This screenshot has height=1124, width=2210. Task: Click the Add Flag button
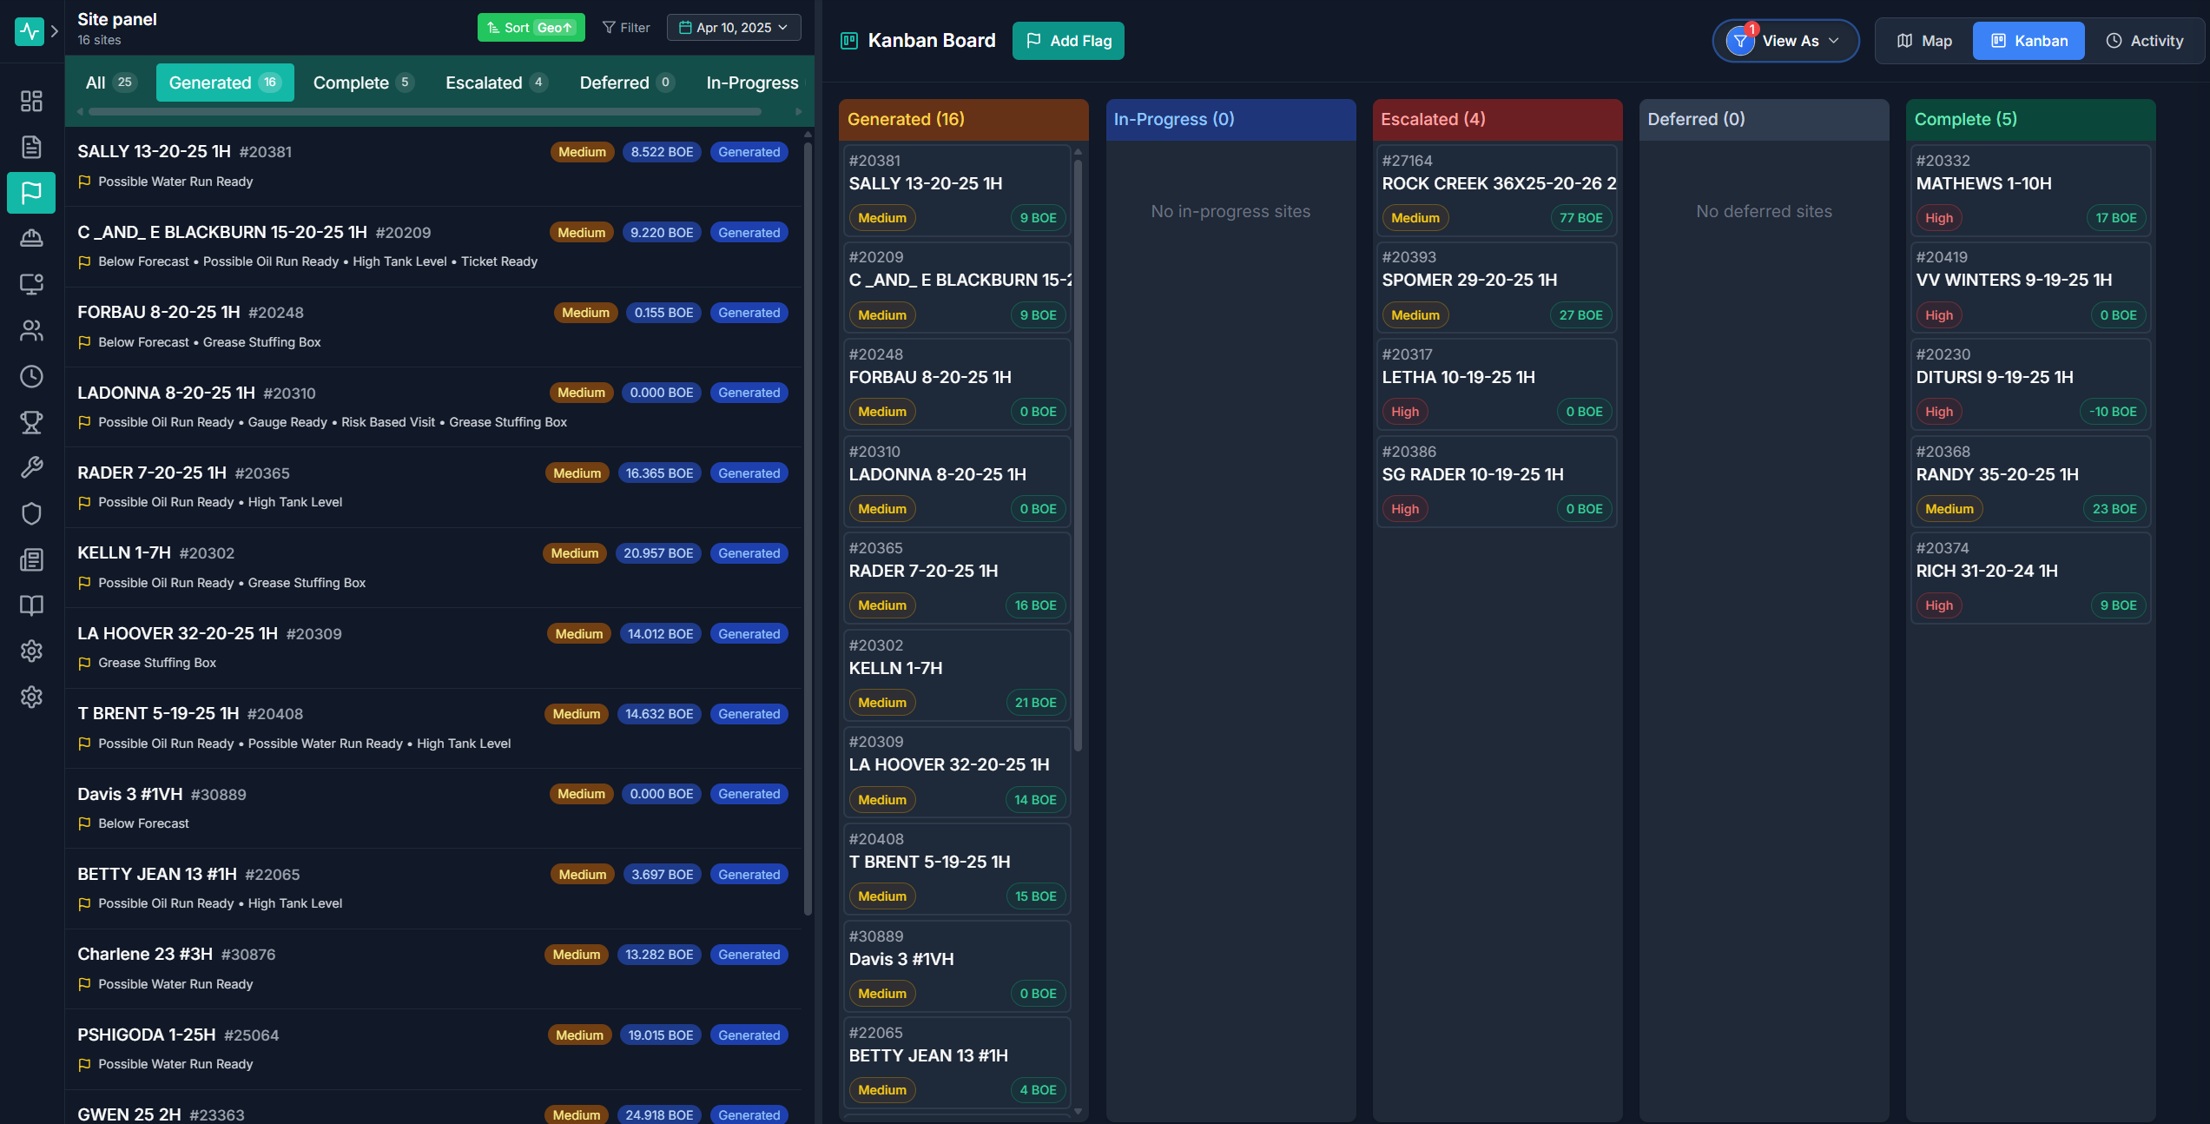click(x=1068, y=41)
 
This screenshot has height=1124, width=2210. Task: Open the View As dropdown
click(x=1786, y=41)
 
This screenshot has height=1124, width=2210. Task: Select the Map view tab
click(x=1924, y=41)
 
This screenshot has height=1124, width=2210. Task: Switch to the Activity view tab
click(x=2144, y=41)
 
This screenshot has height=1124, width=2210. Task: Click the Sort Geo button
click(x=531, y=28)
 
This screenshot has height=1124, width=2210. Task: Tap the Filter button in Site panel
click(x=626, y=28)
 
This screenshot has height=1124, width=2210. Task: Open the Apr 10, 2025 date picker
click(x=734, y=28)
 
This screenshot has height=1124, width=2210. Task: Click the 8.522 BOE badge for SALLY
click(x=662, y=152)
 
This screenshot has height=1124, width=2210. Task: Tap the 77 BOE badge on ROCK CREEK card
click(x=1580, y=218)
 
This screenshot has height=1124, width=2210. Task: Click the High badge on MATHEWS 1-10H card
click(x=1938, y=218)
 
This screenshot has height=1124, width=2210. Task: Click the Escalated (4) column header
click(x=1497, y=119)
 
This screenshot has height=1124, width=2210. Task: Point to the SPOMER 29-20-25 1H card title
click(x=1469, y=280)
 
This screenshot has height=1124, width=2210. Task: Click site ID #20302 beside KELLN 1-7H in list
click(x=207, y=553)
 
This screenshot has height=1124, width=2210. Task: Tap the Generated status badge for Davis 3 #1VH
click(x=749, y=794)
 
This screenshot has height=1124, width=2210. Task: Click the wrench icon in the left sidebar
click(x=31, y=467)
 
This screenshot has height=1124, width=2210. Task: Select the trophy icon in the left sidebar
click(x=31, y=422)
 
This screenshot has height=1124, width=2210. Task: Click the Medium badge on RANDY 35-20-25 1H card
click(x=1949, y=509)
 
